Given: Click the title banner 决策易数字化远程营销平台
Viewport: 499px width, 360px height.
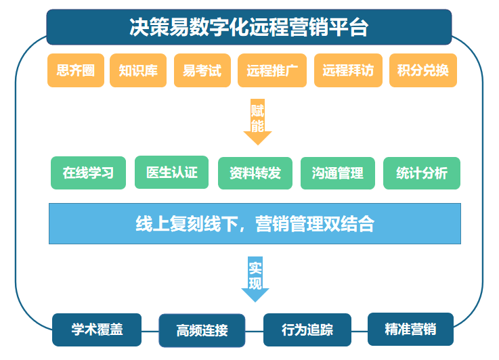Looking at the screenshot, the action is (249, 27).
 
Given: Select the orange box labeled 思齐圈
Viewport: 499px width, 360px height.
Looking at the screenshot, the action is (76, 70).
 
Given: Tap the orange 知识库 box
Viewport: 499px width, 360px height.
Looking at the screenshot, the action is (138, 70).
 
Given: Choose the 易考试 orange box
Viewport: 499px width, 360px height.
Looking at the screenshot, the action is (202, 70).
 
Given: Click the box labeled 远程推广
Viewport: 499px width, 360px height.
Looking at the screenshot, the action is (272, 70).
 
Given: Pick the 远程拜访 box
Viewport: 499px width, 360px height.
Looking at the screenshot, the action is (348, 70).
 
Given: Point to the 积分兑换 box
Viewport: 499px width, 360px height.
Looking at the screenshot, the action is (423, 70).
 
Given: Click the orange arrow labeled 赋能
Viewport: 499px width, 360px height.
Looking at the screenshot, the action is (257, 122).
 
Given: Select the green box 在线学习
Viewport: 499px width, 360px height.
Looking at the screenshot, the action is (88, 173).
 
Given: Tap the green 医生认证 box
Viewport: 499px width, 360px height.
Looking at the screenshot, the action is (171, 172).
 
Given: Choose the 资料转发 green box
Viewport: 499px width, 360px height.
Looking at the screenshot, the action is (255, 173).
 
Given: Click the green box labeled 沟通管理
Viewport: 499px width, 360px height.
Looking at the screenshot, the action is (338, 173).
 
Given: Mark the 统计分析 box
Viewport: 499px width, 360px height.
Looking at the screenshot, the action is (422, 173).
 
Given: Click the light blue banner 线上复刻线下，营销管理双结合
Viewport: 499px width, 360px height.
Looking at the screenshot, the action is (255, 223).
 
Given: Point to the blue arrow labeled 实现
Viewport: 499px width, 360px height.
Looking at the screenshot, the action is (255, 279).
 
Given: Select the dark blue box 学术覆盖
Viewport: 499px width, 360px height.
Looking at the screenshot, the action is (97, 330).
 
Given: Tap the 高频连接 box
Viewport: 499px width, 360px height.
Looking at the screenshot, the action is (202, 330).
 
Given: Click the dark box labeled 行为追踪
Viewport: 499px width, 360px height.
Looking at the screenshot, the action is (307, 330).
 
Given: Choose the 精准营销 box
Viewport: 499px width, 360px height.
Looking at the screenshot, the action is (410, 329).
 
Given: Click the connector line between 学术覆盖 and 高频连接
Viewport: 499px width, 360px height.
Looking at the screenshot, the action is (150, 331).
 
